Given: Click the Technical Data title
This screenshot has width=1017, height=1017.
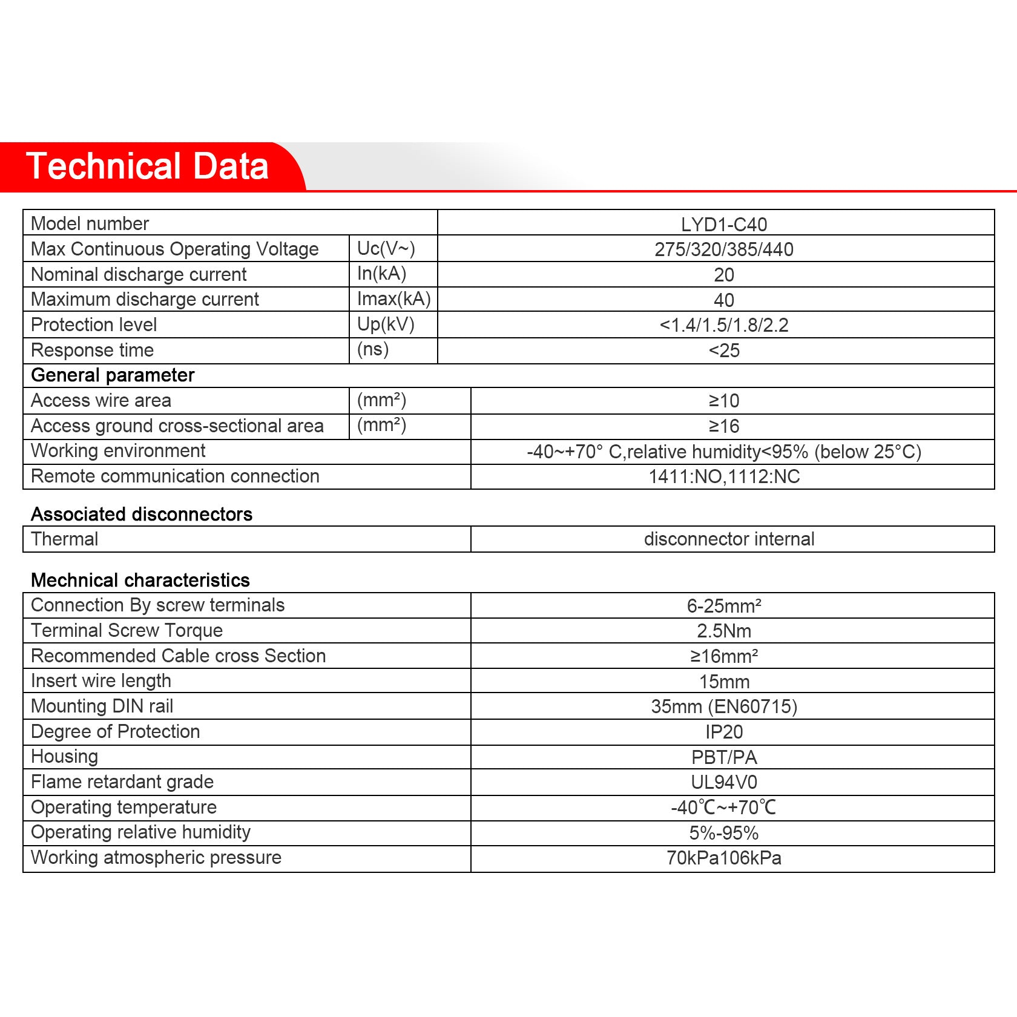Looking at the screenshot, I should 147,166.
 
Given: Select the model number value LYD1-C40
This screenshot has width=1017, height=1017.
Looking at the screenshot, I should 724,225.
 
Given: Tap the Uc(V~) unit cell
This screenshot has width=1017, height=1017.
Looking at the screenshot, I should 386,248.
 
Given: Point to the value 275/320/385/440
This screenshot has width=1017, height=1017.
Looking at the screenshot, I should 724,249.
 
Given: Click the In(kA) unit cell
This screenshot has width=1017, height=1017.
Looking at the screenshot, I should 381,274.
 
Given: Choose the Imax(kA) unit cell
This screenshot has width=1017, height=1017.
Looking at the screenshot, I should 393,299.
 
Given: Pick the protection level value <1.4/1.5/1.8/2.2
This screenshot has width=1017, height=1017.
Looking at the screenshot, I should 724,325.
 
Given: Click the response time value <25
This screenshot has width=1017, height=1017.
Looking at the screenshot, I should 724,351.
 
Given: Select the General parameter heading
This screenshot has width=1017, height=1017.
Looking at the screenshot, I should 113,375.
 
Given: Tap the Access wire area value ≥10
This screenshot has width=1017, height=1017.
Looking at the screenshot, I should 724,401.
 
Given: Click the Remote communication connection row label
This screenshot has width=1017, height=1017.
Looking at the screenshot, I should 175,476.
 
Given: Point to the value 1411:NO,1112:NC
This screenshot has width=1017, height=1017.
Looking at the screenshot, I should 724,477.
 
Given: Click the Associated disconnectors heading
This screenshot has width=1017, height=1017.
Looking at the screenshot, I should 142,515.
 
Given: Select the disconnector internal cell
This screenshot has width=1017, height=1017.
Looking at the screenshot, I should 729,539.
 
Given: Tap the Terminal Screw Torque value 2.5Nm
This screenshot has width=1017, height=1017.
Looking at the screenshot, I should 724,631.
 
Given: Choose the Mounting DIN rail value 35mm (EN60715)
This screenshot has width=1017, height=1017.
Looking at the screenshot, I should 724,706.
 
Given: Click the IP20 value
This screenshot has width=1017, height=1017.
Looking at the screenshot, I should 724,732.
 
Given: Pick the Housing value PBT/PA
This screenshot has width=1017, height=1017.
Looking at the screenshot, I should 724,757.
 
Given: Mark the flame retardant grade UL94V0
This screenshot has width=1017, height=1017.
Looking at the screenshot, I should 724,783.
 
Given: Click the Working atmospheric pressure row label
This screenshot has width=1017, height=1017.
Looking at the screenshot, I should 156,858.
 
